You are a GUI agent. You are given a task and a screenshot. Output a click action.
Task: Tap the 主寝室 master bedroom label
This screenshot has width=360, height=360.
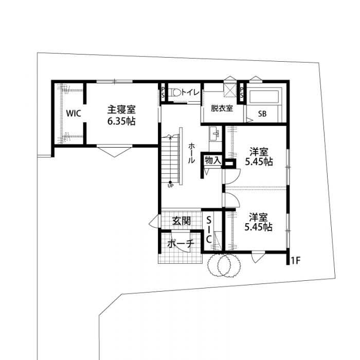[121, 110]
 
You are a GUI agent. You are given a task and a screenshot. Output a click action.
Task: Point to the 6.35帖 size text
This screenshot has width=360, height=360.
[121, 121]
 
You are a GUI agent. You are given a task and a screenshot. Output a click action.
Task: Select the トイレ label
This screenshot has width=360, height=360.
[190, 93]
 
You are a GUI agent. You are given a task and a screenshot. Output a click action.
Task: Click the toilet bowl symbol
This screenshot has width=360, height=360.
[175, 93]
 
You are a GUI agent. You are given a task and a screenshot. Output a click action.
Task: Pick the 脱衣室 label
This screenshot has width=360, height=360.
[222, 109]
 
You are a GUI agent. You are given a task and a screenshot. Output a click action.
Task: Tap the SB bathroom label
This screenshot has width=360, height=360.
[262, 114]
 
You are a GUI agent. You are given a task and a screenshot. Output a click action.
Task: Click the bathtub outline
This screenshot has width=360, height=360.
[263, 97]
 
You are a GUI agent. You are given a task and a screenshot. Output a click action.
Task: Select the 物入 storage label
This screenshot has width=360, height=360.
[212, 160]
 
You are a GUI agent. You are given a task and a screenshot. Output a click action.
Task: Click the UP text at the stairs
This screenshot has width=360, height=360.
[170, 186]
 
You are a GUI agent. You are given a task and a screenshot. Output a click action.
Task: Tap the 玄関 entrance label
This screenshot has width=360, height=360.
[181, 221]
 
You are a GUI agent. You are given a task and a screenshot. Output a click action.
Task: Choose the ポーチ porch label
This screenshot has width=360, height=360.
[181, 244]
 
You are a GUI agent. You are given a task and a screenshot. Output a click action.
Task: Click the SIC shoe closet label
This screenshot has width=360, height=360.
[209, 229]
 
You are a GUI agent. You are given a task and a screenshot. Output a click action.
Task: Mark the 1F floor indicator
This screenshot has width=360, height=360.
[295, 260]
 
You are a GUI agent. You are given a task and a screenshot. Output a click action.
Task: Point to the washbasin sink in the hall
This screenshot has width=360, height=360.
[215, 135]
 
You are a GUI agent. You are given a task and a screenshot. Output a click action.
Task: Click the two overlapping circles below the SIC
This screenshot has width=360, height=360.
[224, 265]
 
